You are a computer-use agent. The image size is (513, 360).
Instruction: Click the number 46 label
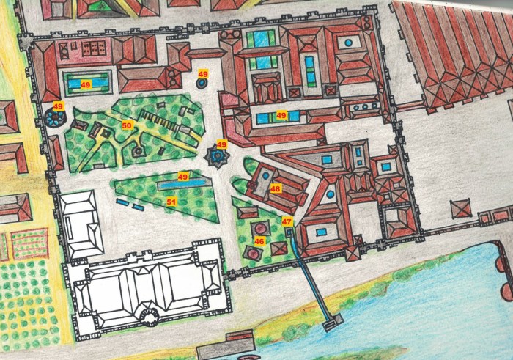click(259, 240)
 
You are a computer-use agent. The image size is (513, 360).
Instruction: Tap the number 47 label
click(287, 221)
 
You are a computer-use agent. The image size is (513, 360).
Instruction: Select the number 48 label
click(276, 188)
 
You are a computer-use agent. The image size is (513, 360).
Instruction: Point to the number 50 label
click(127, 126)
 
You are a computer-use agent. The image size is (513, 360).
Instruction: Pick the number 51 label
click(171, 201)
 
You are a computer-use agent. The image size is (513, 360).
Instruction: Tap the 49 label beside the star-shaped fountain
click(222, 144)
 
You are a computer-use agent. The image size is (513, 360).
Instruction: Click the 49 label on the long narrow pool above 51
click(183, 177)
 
